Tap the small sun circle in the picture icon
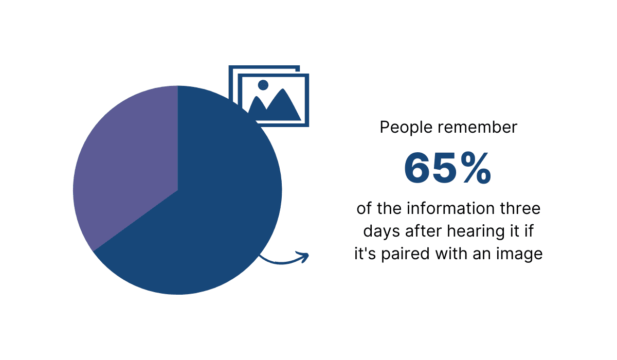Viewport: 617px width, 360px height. pos(264,85)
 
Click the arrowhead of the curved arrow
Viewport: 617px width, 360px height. pos(304,256)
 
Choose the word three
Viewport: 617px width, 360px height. pos(521,209)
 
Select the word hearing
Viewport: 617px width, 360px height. pos(472,232)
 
